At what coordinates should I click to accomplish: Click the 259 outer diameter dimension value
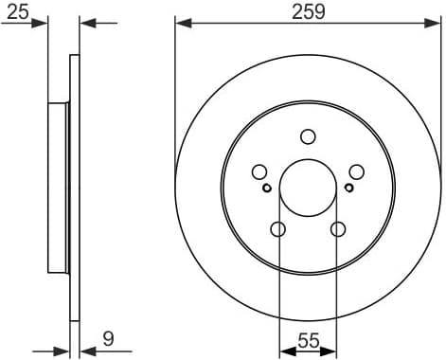coord(308,12)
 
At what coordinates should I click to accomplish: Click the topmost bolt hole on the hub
coord(308,136)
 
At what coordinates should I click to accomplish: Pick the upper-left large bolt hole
coord(259,171)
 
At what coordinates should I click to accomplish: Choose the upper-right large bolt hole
coord(356,171)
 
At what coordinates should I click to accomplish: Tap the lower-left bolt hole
coord(277,228)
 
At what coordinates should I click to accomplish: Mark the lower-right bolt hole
coord(338,228)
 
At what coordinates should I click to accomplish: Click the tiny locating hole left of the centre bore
coord(267,187)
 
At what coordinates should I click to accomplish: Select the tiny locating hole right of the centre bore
coord(348,187)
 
